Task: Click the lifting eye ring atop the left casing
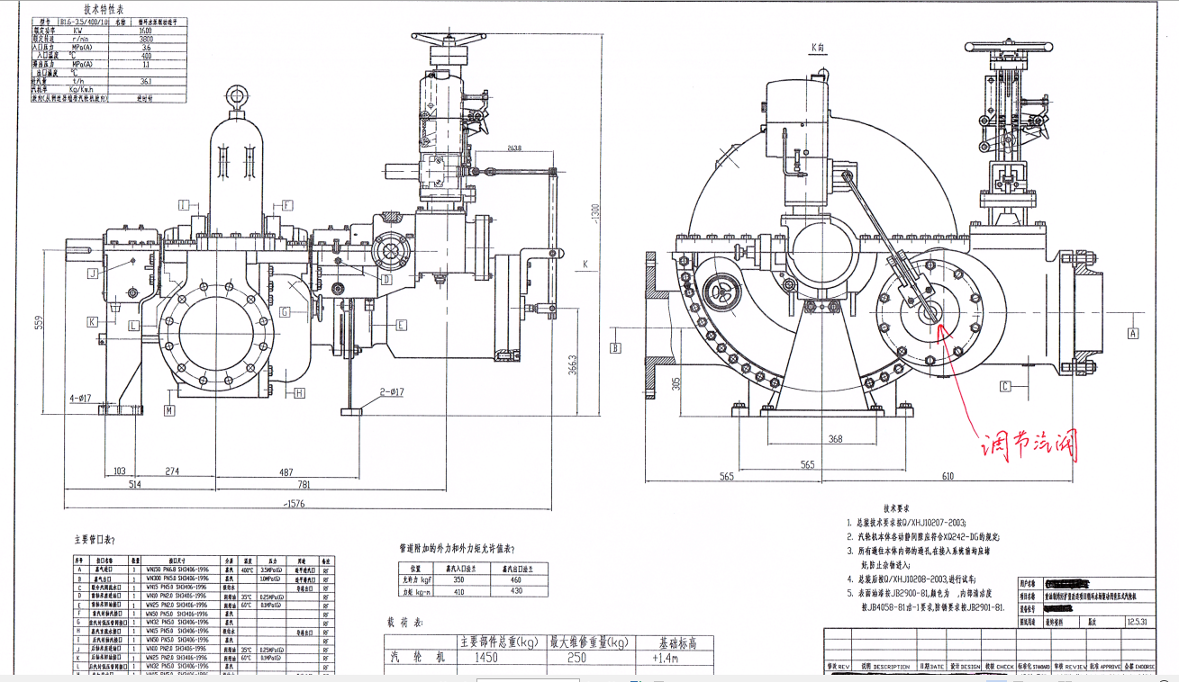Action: pyautogui.click(x=238, y=96)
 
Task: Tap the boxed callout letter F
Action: pyautogui.click(x=287, y=204)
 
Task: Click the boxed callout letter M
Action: pyautogui.click(x=168, y=410)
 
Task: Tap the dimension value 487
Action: pyautogui.click(x=286, y=471)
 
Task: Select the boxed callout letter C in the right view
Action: pyautogui.click(x=1005, y=387)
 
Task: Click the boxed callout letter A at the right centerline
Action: pyautogui.click(x=1133, y=333)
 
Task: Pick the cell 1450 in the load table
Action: pyautogui.click(x=486, y=658)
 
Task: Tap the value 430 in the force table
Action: pyautogui.click(x=516, y=591)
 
